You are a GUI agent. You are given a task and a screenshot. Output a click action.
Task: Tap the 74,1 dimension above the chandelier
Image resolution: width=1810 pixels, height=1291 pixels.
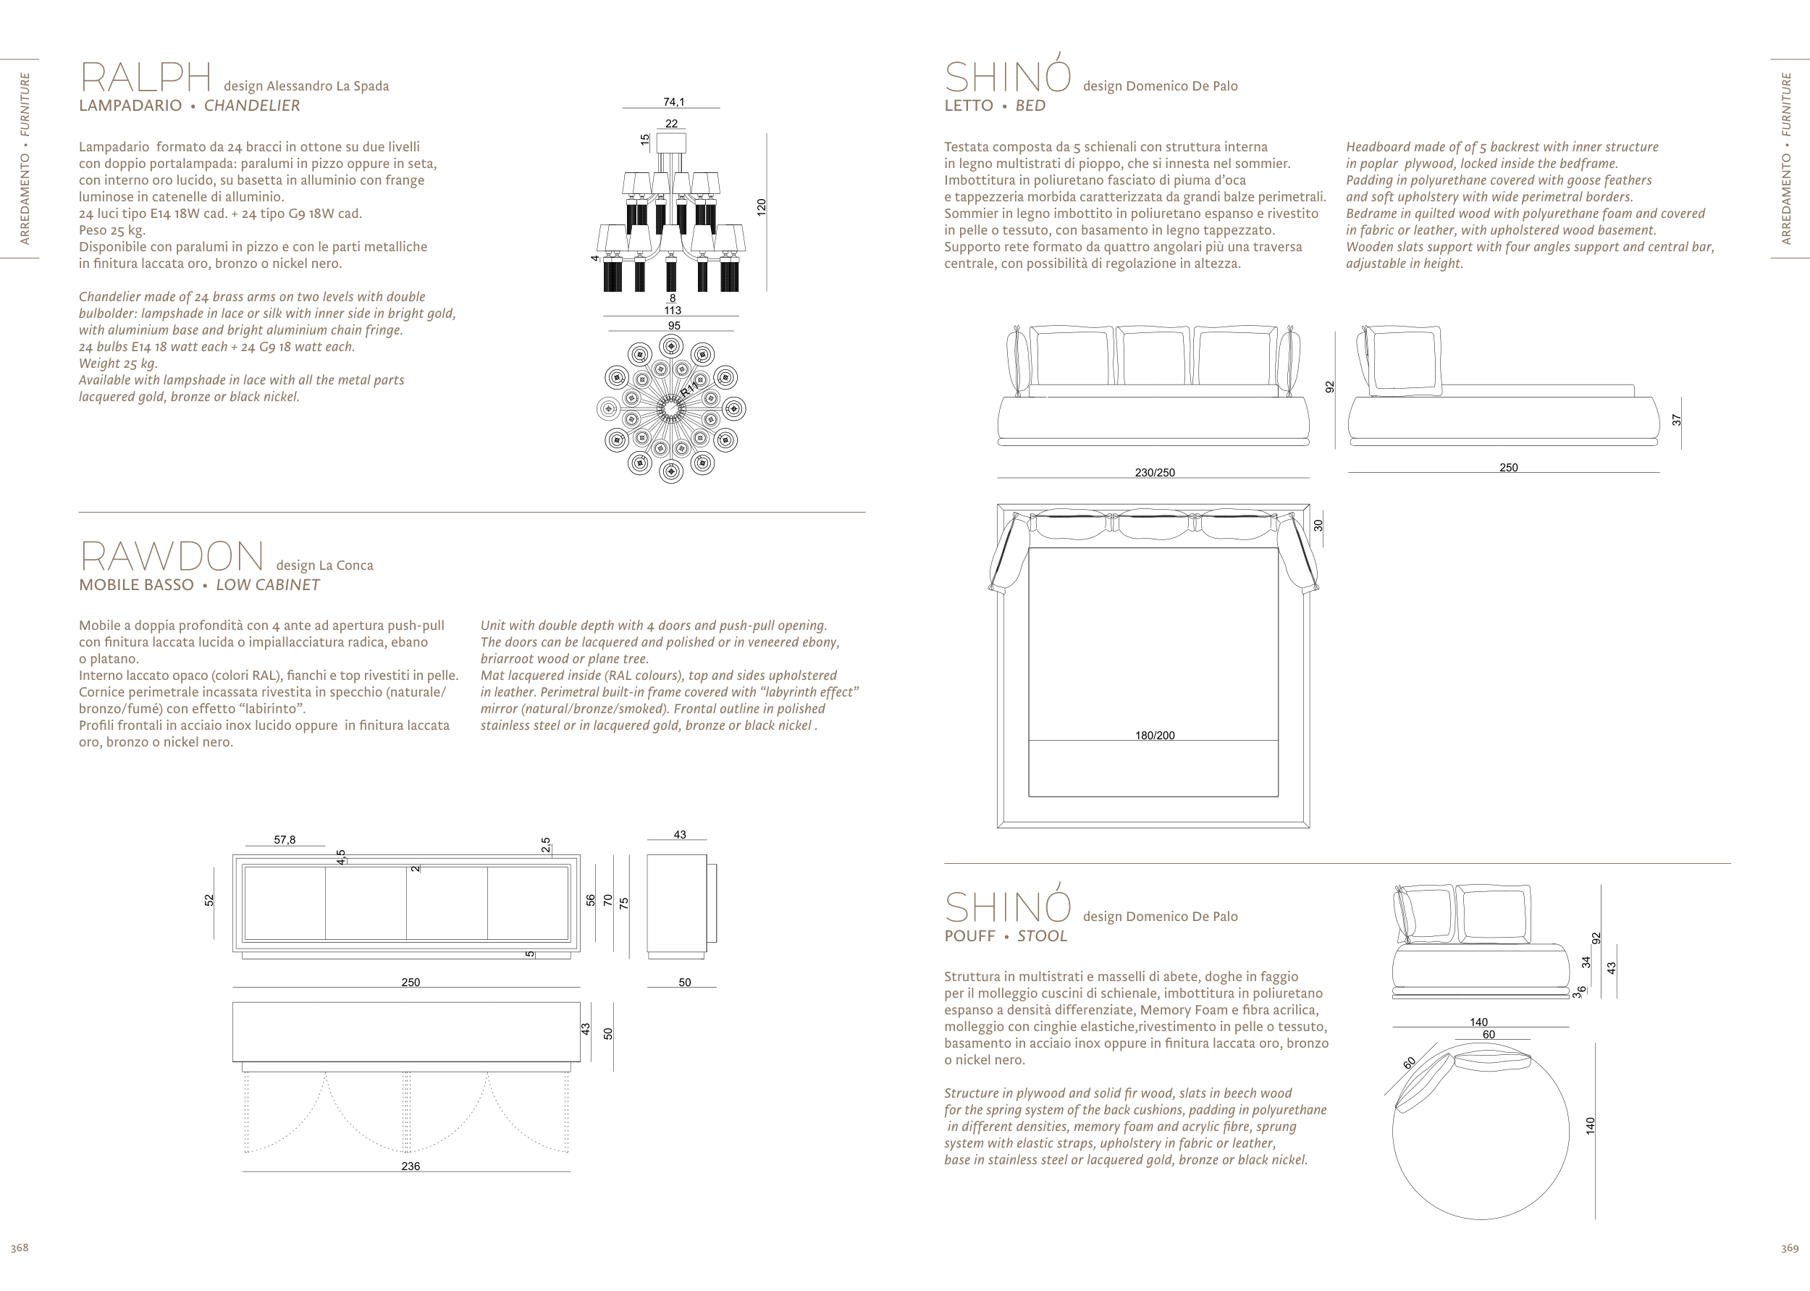[674, 102]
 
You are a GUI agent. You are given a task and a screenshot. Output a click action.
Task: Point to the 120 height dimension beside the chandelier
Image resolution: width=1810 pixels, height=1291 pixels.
[762, 208]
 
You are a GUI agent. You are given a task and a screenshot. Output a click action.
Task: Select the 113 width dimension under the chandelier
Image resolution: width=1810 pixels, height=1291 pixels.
[673, 310]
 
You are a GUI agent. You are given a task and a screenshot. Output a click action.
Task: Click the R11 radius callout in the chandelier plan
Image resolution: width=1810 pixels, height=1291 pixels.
[689, 389]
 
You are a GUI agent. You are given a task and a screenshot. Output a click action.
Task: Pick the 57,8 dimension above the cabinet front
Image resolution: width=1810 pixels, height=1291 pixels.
[285, 839]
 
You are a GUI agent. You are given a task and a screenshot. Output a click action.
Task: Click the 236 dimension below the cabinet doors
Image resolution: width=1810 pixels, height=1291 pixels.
[411, 1166]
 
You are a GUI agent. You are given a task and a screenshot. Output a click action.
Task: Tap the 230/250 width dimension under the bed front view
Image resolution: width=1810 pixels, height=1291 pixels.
[1154, 472]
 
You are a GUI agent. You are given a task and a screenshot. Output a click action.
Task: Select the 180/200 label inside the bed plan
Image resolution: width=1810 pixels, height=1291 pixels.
[1154, 736]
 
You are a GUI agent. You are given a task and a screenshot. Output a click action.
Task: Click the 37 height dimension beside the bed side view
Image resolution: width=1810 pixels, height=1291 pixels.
[1677, 421]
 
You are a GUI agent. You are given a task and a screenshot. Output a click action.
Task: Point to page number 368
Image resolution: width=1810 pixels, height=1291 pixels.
[19, 1248]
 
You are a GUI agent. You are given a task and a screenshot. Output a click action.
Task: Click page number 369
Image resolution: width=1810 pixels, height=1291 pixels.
[1789, 1248]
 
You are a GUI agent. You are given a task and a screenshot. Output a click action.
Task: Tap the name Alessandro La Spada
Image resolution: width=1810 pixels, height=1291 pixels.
[327, 86]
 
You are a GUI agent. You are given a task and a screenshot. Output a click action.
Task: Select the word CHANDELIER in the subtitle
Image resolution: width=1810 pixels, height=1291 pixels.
[252, 106]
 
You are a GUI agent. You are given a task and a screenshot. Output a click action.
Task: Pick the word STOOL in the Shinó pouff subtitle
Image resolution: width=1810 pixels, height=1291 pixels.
[1042, 936]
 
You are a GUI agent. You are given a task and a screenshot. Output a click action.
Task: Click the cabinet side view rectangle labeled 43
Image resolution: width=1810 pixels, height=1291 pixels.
[676, 902]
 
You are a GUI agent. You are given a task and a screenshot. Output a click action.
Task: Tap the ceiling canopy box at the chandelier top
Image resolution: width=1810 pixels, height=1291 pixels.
[672, 143]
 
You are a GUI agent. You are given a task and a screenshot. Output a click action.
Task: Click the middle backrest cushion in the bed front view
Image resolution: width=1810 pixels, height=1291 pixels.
[1153, 357]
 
